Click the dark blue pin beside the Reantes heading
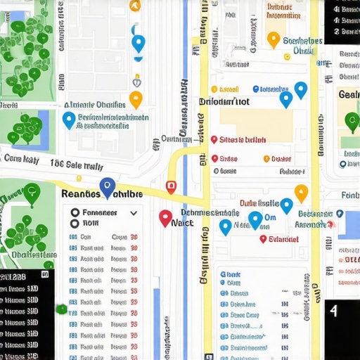pyautogui.click(x=107, y=186)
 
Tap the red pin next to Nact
pyautogui.click(x=165, y=218)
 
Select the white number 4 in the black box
pyautogui.click(x=333, y=310)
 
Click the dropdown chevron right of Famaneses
pyautogui.click(x=133, y=212)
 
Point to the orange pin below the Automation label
pyautogui.click(x=274, y=39)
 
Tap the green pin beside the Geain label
pyautogui.click(x=352, y=121)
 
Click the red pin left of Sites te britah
pyautogui.click(x=214, y=139)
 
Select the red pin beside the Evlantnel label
pyautogui.click(x=263, y=239)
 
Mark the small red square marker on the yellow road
pyautogui.click(x=170, y=187)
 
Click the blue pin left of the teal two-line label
pyautogui.click(x=69, y=120)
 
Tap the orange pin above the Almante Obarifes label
pyautogui.click(x=136, y=98)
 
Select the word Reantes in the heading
pyautogui.click(x=82, y=193)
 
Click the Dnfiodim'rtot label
pyautogui.click(x=224, y=102)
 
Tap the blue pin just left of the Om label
pyautogui.click(x=255, y=219)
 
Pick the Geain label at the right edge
pyautogui.click(x=349, y=95)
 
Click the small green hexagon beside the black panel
pyautogui.click(x=62, y=308)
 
